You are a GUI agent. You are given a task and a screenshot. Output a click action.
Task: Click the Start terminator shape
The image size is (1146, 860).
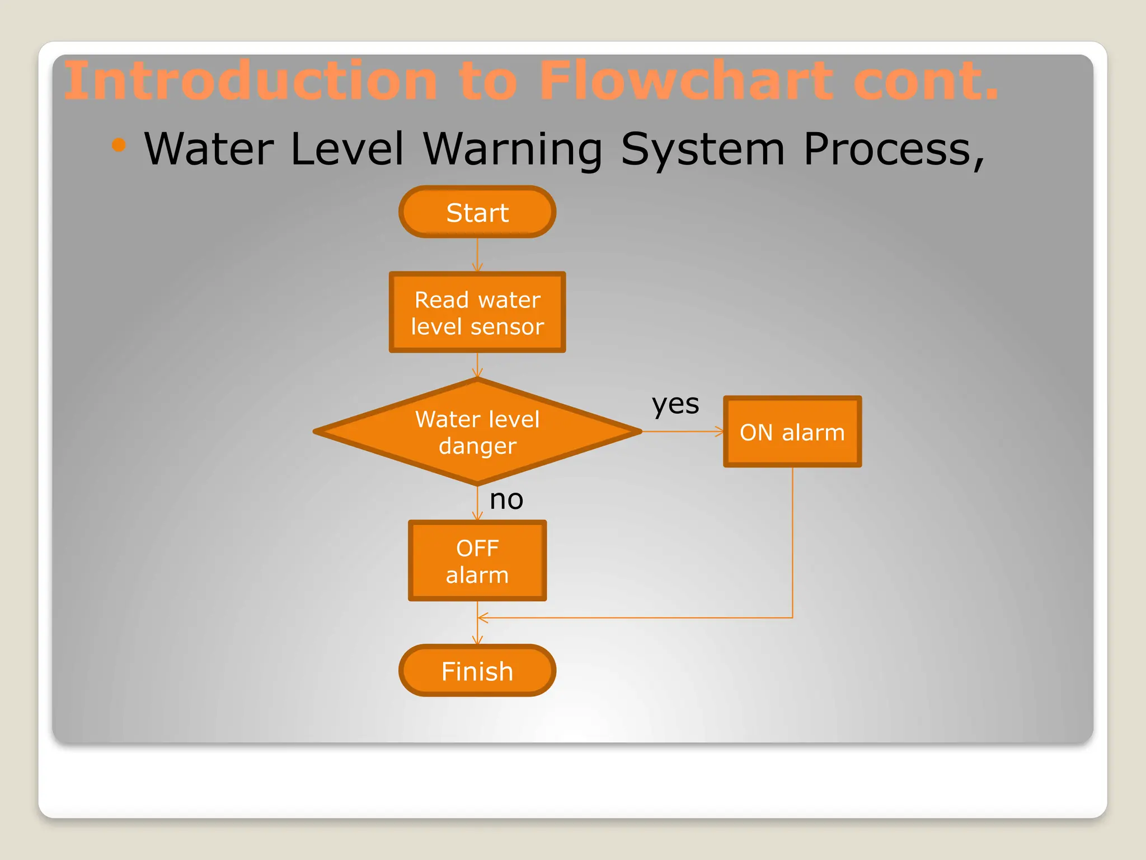(x=477, y=212)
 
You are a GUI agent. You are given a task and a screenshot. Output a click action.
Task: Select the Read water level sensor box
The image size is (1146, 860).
(x=477, y=312)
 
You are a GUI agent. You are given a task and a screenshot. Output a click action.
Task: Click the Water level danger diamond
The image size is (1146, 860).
(x=477, y=432)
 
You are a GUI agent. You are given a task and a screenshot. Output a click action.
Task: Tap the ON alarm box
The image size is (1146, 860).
(x=792, y=432)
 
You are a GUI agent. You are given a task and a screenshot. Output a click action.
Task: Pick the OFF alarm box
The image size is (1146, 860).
(x=477, y=561)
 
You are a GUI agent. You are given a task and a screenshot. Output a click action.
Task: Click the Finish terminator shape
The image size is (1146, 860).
(x=477, y=671)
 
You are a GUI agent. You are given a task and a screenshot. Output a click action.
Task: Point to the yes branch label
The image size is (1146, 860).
(x=675, y=404)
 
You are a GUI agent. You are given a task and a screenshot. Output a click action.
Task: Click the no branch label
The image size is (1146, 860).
(x=506, y=499)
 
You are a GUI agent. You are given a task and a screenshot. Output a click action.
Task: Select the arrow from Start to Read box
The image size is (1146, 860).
(x=477, y=255)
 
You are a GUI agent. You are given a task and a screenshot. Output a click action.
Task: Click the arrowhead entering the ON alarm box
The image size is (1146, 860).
(x=719, y=432)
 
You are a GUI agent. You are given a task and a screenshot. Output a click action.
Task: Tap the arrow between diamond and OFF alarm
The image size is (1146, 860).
(x=477, y=503)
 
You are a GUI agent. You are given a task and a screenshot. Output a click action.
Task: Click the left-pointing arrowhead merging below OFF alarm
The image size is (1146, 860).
(x=483, y=618)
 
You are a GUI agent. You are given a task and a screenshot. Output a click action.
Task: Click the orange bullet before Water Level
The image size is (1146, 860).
(x=119, y=146)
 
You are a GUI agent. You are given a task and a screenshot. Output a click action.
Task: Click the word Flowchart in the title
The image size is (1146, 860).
(x=687, y=82)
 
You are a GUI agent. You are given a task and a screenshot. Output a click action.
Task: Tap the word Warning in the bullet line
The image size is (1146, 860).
(x=512, y=149)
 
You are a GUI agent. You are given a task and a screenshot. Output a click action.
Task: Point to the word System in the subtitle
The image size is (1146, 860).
(x=703, y=149)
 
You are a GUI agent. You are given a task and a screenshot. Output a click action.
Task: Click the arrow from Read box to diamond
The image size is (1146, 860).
(x=477, y=365)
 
